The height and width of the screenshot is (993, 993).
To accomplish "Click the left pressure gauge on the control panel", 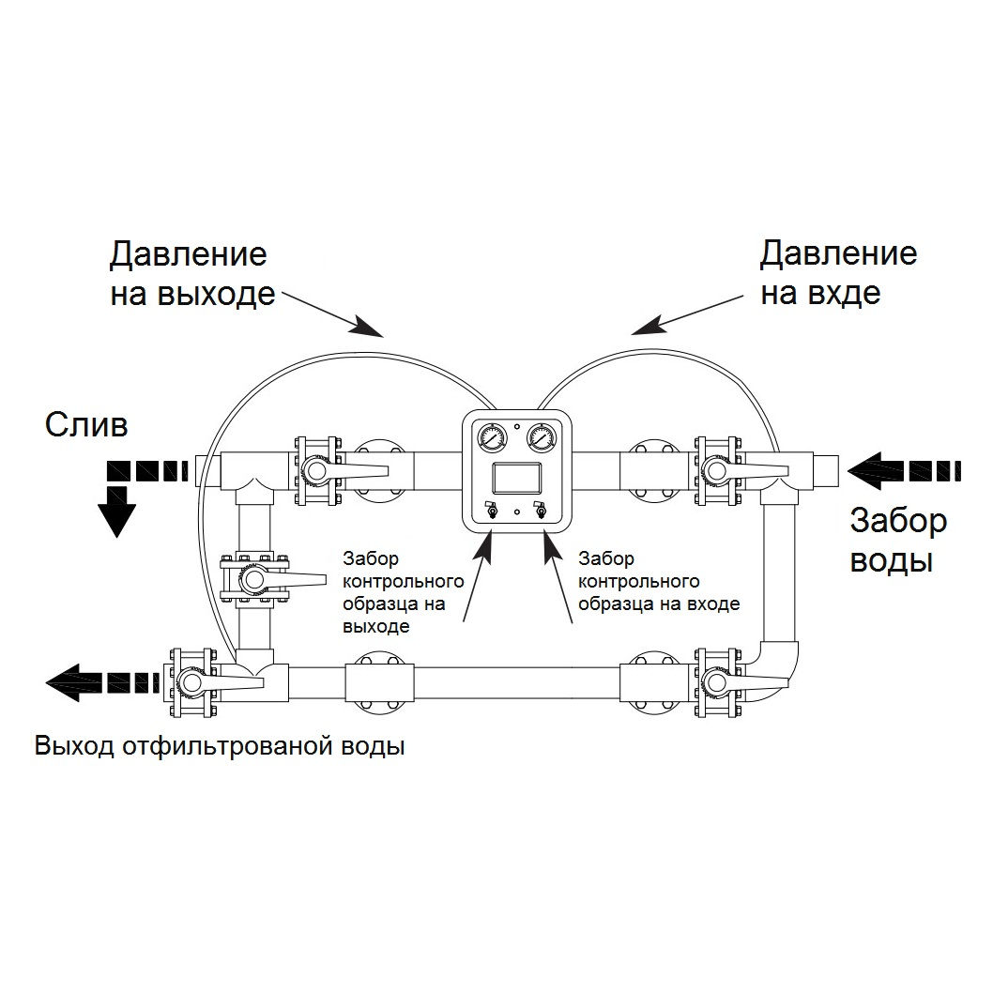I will coord(489,437).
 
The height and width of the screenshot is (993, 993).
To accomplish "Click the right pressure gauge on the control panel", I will coord(540,437).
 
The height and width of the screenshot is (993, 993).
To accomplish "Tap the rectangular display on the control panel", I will coord(514,479).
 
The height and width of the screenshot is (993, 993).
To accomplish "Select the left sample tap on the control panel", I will coord(489,512).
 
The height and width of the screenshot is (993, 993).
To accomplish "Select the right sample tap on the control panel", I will coord(539,512).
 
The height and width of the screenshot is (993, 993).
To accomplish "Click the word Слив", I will coord(85,425).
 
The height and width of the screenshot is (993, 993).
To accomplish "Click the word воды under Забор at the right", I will coord(891,560).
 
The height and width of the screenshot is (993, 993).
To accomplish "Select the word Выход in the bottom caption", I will coord(74,748).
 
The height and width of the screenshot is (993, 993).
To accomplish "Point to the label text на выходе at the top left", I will coord(192,294).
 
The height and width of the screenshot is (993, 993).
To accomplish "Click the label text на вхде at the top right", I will coord(820,294).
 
